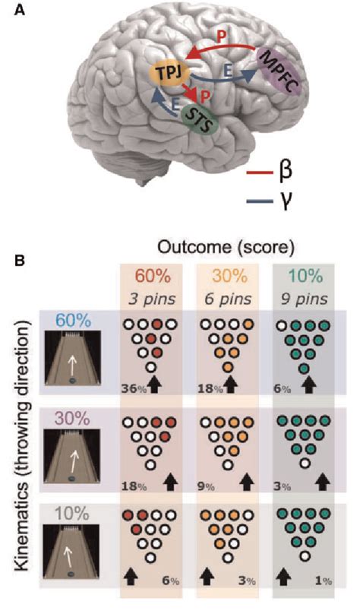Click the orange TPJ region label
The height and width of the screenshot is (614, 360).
pos(168,74)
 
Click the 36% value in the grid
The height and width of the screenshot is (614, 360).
pos(132,388)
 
